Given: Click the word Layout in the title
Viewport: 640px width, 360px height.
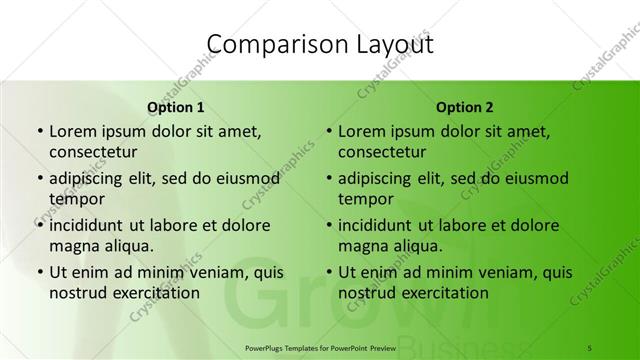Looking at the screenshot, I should (393, 44).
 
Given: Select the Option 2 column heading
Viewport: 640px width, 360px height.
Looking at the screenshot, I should (465, 106).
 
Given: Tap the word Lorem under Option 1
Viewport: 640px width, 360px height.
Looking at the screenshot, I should (72, 131).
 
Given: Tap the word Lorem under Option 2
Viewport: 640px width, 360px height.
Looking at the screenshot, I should (362, 131).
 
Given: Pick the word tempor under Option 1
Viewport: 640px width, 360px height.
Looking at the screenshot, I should (76, 199).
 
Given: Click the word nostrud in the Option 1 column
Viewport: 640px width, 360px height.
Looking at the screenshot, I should (77, 293).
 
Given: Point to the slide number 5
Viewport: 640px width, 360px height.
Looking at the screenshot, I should (590, 345).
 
